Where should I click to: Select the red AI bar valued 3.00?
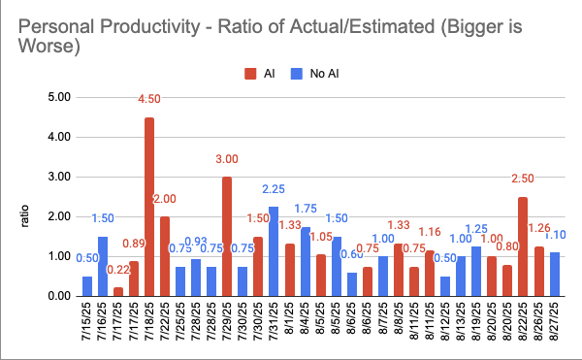tap(227, 236)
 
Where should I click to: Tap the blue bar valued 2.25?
tap(273, 251)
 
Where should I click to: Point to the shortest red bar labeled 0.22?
tap(118, 291)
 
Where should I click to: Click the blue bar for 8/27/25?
tap(554, 275)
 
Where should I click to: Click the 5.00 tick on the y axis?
tap(59, 97)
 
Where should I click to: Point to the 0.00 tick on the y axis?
tap(59, 296)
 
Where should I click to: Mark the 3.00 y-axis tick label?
tap(59, 177)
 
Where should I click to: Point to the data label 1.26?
tap(537, 229)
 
